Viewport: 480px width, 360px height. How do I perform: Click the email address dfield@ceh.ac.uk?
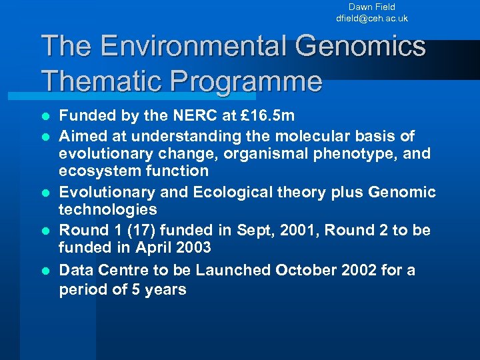[x=371, y=19]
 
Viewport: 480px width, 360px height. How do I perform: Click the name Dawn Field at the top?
[x=371, y=7]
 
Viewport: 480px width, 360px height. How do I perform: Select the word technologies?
[x=108, y=209]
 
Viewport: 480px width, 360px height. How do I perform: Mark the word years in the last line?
[x=163, y=290]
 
